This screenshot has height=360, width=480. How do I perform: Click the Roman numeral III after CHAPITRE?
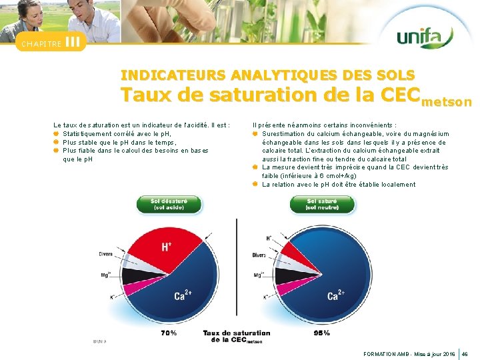[x=74, y=43]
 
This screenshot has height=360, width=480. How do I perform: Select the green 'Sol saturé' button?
[x=322, y=204]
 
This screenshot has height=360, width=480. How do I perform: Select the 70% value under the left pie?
[x=169, y=333]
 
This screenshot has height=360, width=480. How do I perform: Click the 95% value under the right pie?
[x=322, y=333]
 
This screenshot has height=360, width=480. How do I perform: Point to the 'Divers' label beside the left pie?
[x=105, y=254]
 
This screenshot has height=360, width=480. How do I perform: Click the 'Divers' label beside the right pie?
[x=259, y=255]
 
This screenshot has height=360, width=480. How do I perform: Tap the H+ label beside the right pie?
[x=269, y=238]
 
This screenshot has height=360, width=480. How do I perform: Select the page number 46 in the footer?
[x=465, y=353]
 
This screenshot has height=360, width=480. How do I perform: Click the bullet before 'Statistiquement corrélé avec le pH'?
[x=57, y=133]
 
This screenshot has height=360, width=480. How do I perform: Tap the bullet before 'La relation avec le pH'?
[x=256, y=185]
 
